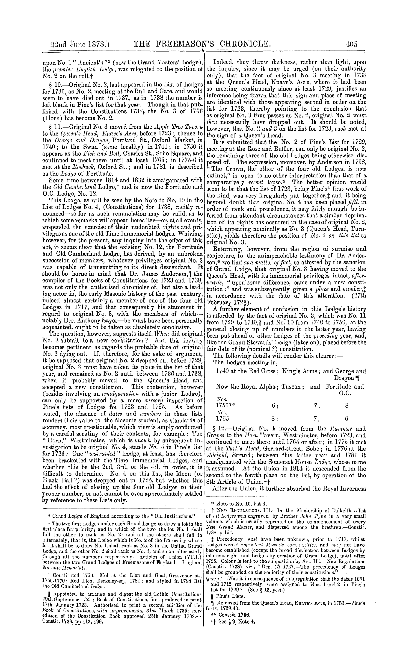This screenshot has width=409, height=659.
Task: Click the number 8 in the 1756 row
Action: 347,406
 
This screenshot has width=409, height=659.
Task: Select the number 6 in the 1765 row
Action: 347,419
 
